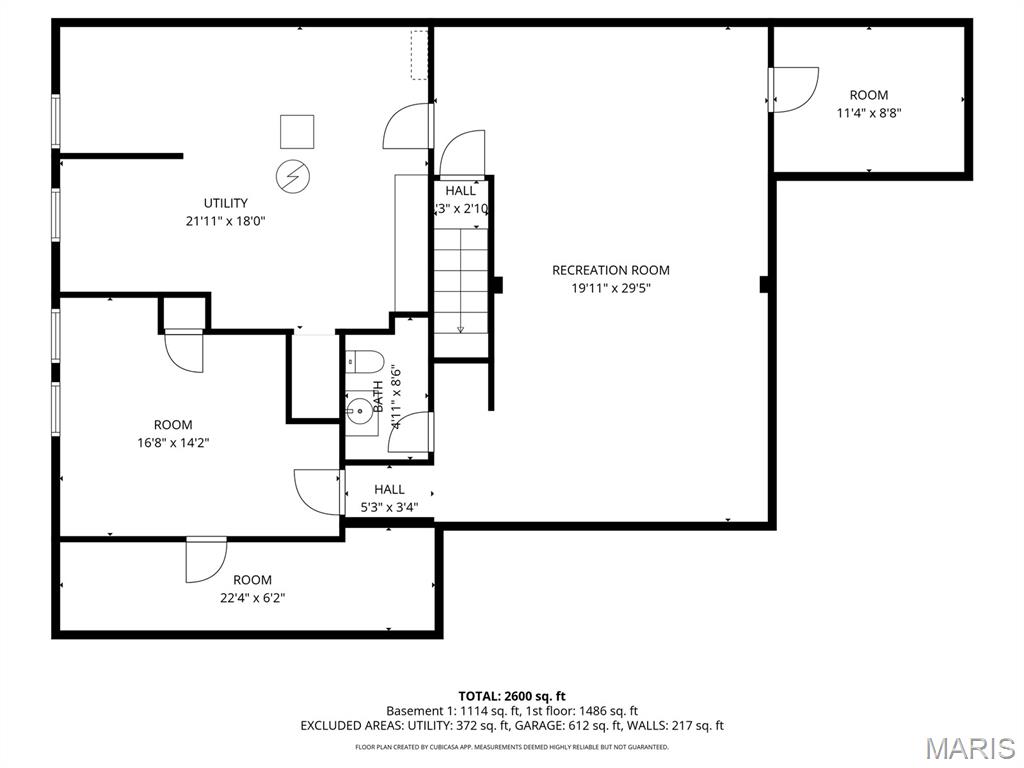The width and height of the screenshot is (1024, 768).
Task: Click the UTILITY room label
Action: [225, 203]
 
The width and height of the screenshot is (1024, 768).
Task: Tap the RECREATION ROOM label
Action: [610, 270]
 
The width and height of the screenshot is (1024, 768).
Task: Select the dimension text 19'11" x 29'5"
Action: [610, 288]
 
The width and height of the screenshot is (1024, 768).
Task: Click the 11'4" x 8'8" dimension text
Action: [869, 113]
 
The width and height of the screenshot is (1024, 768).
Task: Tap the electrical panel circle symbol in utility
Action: [293, 177]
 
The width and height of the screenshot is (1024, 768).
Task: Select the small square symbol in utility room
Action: [296, 131]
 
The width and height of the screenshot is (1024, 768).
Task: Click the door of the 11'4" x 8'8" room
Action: [794, 88]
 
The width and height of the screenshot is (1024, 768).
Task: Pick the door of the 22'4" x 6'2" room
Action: [205, 560]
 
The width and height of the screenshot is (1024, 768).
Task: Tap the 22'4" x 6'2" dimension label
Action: [252, 598]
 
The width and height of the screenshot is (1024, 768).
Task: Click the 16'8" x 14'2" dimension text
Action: [173, 442]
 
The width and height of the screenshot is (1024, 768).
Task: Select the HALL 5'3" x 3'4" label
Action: [389, 489]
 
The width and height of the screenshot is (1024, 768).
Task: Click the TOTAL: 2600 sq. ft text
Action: [511, 695]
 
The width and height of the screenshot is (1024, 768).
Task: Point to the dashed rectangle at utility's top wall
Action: [419, 53]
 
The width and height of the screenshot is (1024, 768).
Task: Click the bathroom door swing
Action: [417, 432]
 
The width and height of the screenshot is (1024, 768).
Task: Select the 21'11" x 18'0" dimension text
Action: [225, 221]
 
